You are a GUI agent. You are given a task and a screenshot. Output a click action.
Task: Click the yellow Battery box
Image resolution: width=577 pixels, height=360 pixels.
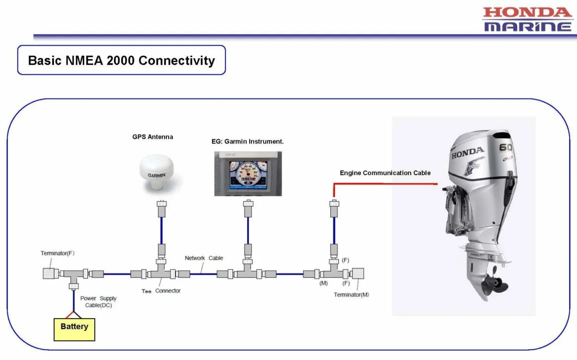tap(74, 329)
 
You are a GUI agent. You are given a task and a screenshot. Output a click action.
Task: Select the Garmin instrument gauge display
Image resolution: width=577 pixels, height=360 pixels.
tap(248, 174)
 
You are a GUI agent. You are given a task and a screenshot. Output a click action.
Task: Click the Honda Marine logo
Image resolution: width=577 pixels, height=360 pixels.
tap(527, 19)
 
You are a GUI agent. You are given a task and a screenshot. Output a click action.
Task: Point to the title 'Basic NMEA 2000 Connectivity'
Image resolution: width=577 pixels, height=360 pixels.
tap(121, 61)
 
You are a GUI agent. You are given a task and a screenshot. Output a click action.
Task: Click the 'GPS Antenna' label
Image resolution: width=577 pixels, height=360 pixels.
tap(152, 137)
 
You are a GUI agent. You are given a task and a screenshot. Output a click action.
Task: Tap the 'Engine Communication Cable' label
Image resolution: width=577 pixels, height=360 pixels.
tap(385, 173)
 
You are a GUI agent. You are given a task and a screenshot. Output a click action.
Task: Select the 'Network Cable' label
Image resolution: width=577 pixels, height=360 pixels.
tap(204, 258)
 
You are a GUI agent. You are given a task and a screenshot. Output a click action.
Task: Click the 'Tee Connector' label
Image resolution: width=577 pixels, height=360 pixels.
tap(161, 291)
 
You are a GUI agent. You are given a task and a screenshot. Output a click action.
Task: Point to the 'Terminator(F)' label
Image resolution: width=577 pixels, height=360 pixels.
tap(58, 253)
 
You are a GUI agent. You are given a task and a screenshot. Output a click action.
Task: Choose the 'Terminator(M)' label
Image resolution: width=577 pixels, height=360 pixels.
tap(351, 295)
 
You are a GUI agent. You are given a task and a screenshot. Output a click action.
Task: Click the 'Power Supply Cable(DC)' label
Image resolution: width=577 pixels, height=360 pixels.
tap(99, 302)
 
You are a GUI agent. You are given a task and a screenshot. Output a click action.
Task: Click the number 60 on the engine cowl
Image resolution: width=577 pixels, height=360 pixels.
tap(505, 147)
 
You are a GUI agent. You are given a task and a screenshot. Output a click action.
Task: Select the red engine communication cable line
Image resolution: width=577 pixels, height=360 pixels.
tap(385, 183)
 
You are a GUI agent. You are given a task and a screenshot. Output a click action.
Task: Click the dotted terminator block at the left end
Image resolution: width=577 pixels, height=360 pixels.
tap(48, 273)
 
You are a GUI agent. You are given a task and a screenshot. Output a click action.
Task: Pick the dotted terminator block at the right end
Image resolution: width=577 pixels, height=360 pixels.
tap(358, 273)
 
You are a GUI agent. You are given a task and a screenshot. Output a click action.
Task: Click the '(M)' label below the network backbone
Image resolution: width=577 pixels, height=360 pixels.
tap(324, 284)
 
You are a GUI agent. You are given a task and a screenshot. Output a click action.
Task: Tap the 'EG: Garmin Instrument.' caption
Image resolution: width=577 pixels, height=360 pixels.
tap(248, 142)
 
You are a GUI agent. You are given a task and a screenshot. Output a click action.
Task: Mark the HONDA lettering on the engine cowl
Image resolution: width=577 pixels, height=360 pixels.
tap(468, 153)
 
